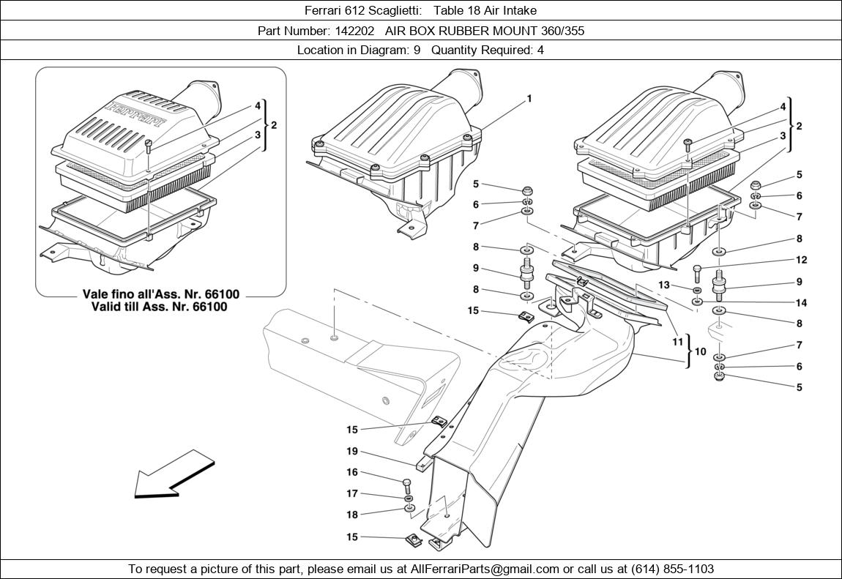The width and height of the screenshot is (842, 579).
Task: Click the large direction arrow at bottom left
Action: (173, 474)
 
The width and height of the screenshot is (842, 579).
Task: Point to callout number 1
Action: (529, 99)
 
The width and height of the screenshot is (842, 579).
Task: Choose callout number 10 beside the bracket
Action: (701, 351)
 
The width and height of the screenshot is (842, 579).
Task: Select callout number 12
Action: (801, 260)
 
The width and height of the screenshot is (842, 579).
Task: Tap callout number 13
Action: (664, 284)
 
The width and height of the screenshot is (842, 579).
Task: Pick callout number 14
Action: (801, 302)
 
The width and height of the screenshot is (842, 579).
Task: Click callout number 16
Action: (352, 473)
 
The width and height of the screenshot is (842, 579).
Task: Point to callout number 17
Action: (352, 493)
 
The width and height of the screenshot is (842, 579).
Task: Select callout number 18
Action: (352, 515)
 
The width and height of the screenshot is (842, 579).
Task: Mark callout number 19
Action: (352, 452)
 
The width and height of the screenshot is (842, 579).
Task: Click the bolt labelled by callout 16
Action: (407, 485)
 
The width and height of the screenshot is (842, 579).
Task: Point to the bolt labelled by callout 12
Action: (697, 272)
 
